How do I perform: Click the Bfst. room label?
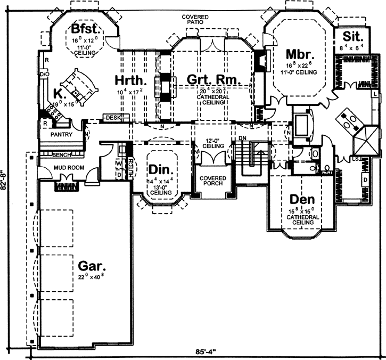83,28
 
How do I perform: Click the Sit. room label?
352,37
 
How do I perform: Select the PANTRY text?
61,135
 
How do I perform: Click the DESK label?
112,117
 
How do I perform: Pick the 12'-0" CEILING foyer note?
212,143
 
